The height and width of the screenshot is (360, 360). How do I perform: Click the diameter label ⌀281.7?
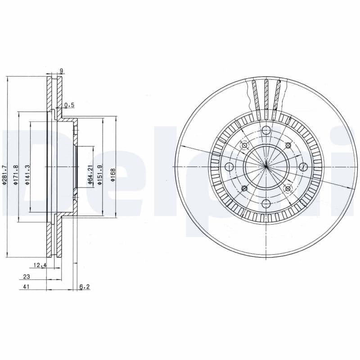(4, 175)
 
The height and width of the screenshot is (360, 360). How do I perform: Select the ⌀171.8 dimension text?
(16, 175)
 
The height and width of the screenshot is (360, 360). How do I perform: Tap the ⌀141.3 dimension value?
(27, 175)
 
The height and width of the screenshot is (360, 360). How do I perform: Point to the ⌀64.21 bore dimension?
(90, 175)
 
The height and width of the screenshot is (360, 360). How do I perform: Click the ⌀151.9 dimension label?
(99, 175)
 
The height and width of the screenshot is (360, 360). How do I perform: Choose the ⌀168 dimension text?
(113, 175)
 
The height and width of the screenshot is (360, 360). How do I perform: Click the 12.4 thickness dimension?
(40, 265)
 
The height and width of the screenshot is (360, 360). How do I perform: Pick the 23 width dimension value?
(27, 277)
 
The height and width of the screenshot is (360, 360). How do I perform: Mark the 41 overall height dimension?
(27, 287)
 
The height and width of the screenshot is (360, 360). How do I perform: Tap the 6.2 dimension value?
(84, 287)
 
